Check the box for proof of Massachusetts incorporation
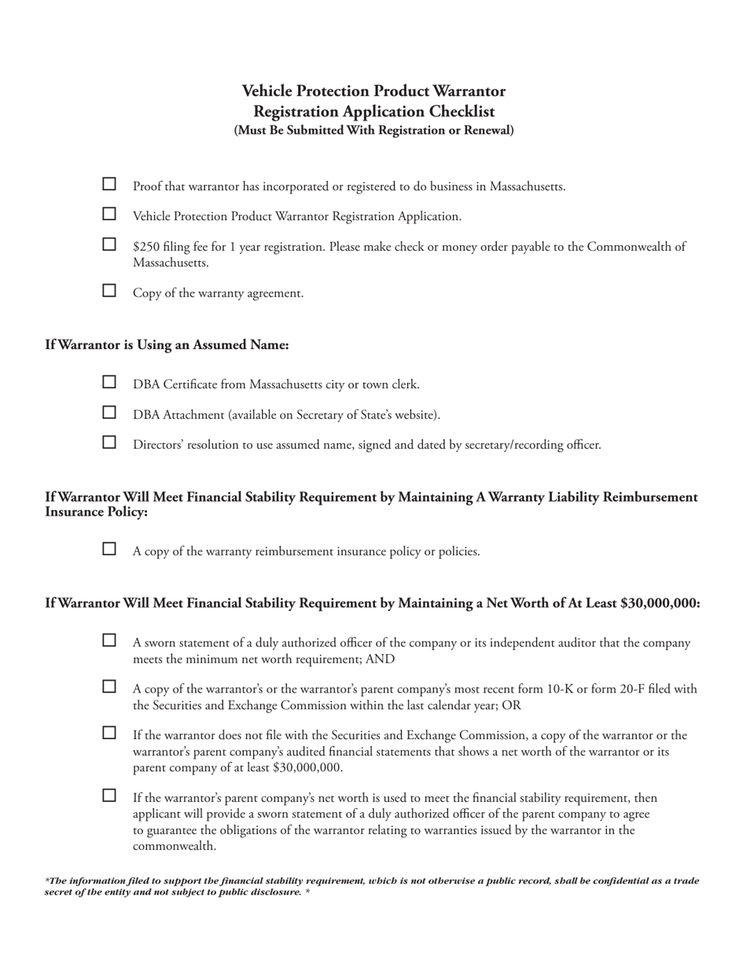coord(110,184)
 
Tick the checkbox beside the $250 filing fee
coord(110,245)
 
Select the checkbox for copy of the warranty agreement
coord(110,291)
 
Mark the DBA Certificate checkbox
coord(110,382)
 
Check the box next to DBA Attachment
coord(110,412)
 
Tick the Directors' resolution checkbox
coord(110,442)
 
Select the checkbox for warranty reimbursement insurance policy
coord(110,549)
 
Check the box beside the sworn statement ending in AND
coord(110,641)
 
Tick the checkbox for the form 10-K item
coord(110,687)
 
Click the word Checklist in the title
coord(462,112)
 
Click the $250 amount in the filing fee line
coord(146,247)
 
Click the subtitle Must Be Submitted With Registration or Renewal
coord(373,131)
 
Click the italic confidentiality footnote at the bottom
coord(371,886)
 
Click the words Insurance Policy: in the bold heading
coord(96,513)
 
